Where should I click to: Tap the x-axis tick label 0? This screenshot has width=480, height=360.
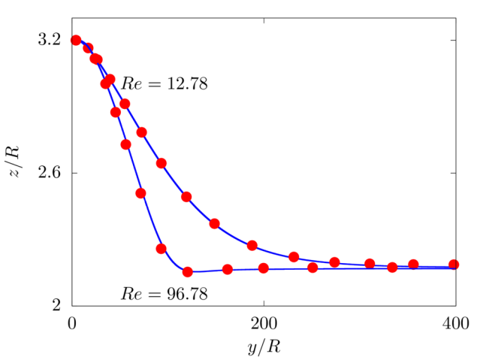[71, 324]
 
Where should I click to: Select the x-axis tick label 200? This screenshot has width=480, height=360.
[264, 324]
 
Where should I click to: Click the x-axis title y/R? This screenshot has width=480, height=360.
[264, 347]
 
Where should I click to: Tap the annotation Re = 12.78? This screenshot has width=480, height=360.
[165, 83]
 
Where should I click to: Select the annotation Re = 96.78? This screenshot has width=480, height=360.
[165, 293]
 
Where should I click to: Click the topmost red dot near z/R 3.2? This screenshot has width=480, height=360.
[75, 40]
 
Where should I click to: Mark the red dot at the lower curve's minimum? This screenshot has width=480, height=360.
[188, 272]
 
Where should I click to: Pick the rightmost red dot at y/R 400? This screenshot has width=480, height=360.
[454, 265]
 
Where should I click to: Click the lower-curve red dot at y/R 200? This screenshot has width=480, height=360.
[264, 268]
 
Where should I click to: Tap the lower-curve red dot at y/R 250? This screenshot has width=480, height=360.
[312, 268]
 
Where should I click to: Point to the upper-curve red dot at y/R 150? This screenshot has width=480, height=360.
[214, 223]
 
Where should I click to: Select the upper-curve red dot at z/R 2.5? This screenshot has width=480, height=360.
[187, 197]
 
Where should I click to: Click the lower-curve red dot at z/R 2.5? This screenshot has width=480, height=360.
[140, 193]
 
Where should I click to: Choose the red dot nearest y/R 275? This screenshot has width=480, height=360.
[334, 262]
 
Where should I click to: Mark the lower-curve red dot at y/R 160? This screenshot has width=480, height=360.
[228, 269]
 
